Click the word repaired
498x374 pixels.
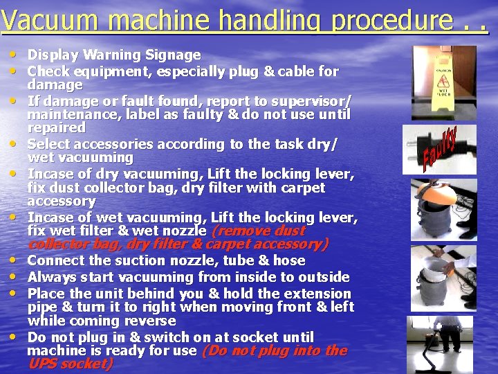[57, 128]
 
